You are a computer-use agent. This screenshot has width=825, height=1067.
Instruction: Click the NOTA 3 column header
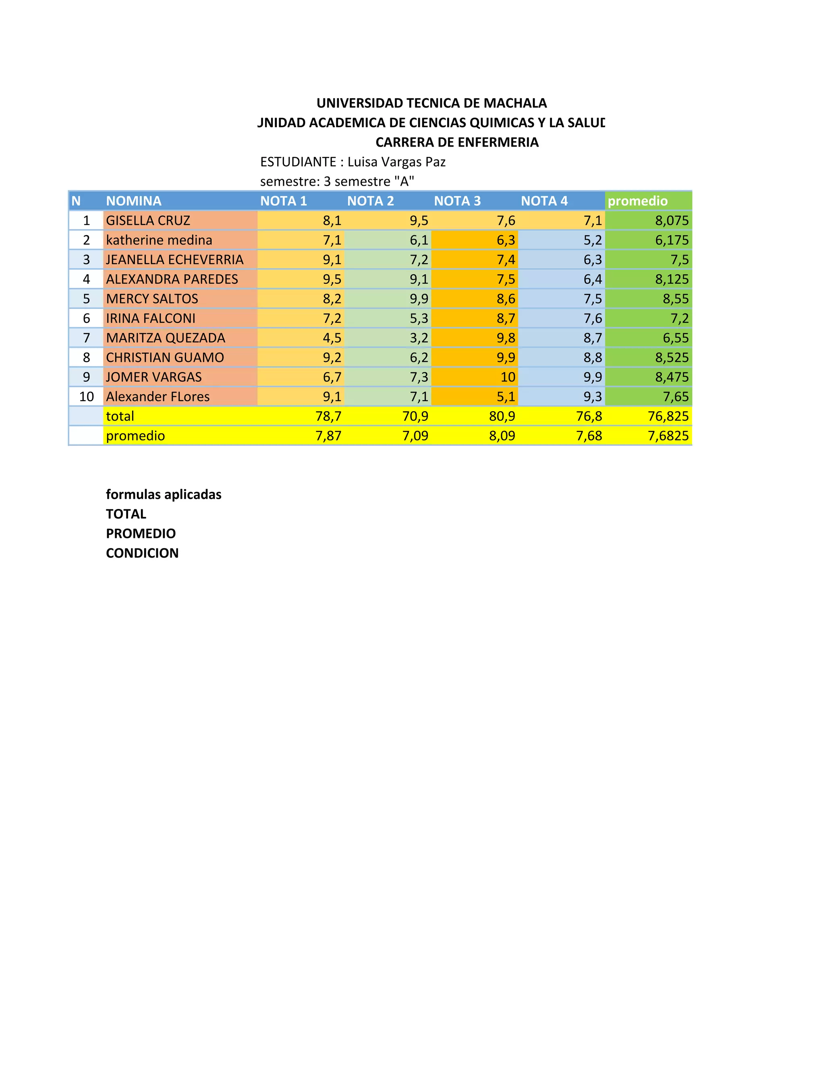tap(457, 201)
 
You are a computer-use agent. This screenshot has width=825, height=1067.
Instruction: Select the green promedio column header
tap(637, 201)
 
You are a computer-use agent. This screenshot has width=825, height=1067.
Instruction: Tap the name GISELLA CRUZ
tap(148, 220)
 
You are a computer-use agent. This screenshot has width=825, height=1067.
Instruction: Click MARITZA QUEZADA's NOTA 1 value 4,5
tap(332, 337)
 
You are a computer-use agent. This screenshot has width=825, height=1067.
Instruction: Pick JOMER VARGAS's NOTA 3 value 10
tap(508, 377)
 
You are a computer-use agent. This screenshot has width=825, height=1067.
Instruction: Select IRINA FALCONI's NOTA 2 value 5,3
tap(419, 318)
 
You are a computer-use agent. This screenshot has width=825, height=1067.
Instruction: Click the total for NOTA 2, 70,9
tap(415, 416)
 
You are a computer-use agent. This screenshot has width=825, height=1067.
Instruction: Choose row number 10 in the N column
tap(87, 396)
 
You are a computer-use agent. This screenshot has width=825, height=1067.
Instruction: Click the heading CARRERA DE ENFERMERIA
tap(456, 142)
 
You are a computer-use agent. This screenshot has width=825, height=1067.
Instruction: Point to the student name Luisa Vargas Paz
tap(396, 162)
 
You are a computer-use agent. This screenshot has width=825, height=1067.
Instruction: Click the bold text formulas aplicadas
tap(163, 494)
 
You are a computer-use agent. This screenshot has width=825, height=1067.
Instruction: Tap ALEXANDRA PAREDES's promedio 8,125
tap(672, 279)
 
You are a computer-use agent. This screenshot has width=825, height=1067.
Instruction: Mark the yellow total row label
tap(120, 416)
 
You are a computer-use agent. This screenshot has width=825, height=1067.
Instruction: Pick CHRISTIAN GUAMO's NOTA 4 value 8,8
tap(592, 357)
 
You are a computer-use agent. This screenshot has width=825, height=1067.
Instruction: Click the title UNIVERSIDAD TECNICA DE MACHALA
tap(431, 103)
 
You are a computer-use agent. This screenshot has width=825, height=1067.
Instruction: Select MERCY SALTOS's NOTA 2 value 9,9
tap(419, 298)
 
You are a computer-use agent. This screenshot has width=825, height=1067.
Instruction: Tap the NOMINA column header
tap(133, 201)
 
